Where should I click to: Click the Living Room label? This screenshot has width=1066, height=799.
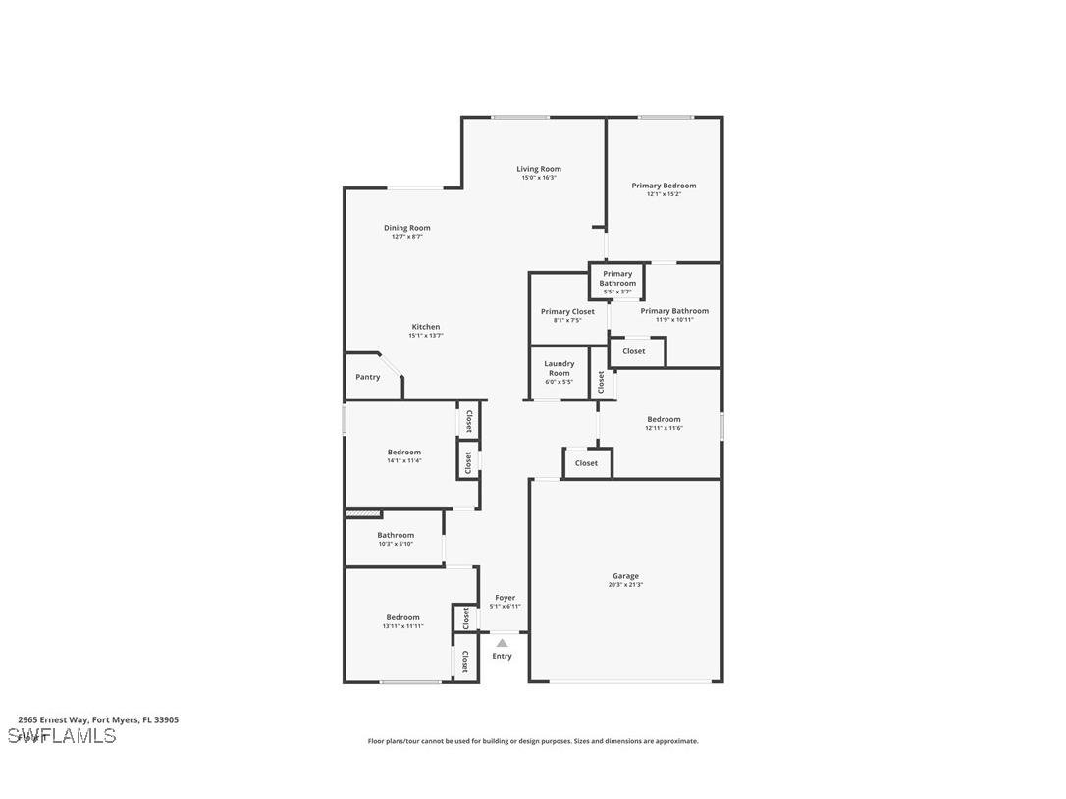539,169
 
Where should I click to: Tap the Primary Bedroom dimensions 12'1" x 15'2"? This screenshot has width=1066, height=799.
664,194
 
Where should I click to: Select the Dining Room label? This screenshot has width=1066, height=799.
406,228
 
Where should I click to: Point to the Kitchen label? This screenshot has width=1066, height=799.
425,327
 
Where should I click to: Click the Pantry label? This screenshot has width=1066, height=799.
368,377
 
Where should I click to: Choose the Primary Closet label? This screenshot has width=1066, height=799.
567,312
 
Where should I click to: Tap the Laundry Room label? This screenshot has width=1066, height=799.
559,368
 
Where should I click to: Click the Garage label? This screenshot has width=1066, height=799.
625,576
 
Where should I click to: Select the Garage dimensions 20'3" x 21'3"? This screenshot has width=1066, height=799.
625,585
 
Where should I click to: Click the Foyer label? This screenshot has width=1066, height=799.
505,598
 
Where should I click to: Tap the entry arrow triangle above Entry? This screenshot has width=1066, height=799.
502,643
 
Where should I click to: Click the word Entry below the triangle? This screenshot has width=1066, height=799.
502,656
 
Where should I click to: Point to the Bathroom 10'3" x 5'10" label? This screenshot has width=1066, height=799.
396,539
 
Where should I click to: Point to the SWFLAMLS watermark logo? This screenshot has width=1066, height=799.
62,736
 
